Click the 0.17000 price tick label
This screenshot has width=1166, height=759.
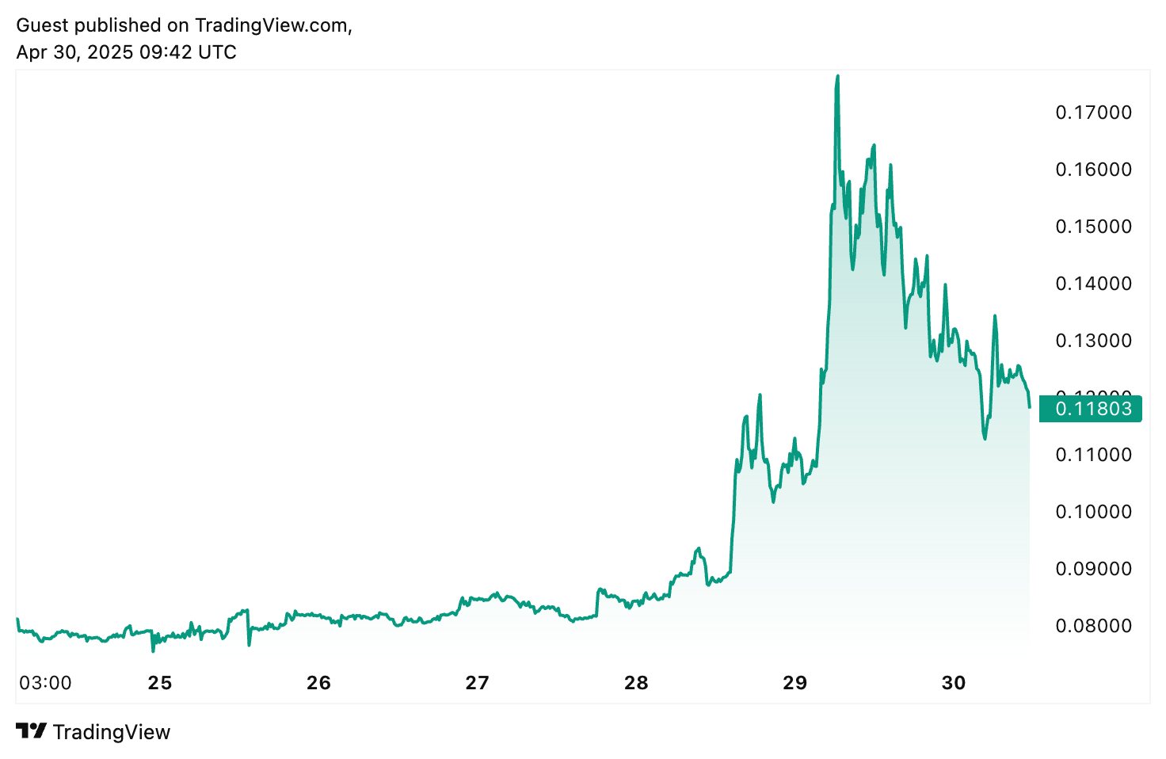[x=1093, y=113]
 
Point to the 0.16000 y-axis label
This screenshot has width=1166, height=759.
[x=1093, y=170]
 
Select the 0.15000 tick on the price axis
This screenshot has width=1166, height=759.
[x=1093, y=227]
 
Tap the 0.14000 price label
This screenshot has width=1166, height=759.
[x=1093, y=284]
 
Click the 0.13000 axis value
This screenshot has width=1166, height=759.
[x=1093, y=341]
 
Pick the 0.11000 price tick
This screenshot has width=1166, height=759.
[x=1093, y=455]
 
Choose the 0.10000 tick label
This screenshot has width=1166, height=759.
[x=1093, y=512]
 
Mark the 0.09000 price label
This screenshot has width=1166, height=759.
[x=1093, y=569]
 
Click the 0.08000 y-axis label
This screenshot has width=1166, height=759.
[x=1093, y=626]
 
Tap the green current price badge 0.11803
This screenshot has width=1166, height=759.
[x=1090, y=409]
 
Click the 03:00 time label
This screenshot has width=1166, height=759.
[x=45, y=683]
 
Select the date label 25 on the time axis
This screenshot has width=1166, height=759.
[x=160, y=683]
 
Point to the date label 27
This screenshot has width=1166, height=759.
[x=477, y=683]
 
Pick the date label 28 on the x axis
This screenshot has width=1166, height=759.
[x=636, y=683]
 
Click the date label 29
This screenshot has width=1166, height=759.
[x=794, y=683]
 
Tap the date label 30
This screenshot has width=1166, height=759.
[x=954, y=683]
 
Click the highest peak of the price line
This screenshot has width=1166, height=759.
[x=838, y=76]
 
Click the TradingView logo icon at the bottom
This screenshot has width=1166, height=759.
[x=32, y=731]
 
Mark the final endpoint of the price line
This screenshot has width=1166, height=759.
[x=1029, y=407]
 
